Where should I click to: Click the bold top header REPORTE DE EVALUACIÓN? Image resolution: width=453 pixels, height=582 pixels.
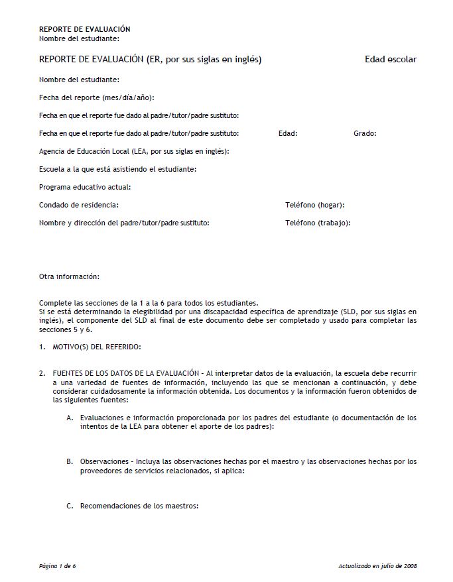pos(84,29)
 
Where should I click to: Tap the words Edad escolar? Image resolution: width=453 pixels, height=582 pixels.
pos(391,60)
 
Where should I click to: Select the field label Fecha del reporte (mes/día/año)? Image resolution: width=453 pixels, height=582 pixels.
pos(96,97)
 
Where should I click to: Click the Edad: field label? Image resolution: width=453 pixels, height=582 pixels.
pos(288,133)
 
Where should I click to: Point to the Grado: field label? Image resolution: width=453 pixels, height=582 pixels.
pos(365,133)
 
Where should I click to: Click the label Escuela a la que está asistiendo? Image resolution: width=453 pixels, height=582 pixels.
pos(117,169)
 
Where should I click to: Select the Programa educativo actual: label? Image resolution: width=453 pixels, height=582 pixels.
pos(85,187)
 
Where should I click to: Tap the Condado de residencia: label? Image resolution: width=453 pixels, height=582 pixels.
pos(79,205)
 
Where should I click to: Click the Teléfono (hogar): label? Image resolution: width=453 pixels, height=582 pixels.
pos(314,205)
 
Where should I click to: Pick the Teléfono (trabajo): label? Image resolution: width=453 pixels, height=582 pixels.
pos(318,223)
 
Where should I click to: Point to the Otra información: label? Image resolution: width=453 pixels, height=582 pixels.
pos(69,276)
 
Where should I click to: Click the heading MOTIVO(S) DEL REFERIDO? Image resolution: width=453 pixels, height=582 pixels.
pos(97,347)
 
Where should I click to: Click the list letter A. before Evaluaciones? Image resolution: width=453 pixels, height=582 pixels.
pos(70,418)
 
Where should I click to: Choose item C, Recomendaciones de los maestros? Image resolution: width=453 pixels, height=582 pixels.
pos(139,506)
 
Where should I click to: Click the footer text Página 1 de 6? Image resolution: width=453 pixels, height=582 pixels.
pos(58,566)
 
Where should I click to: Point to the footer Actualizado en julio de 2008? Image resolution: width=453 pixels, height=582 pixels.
pos(377,566)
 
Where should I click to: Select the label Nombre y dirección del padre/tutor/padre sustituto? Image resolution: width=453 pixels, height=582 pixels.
pos(124,223)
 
